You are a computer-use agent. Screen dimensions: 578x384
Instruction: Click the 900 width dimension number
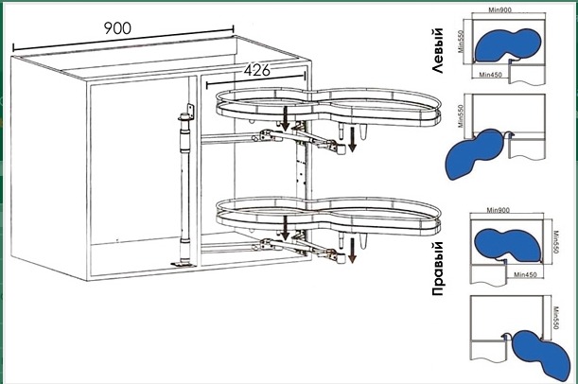(x=117, y=28)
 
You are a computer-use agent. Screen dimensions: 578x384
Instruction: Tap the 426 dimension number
(x=257, y=70)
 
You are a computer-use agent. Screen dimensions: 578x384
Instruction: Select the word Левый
(x=437, y=50)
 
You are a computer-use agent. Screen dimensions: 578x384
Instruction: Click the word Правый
(x=438, y=269)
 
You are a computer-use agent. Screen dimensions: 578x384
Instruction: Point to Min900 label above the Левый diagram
(x=499, y=10)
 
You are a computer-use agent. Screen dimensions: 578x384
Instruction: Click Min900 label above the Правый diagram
(x=498, y=210)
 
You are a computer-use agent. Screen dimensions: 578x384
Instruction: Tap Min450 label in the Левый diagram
(x=491, y=75)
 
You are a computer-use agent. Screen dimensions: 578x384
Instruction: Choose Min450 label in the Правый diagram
(x=525, y=274)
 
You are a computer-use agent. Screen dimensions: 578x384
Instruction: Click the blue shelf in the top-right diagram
(x=508, y=44)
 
